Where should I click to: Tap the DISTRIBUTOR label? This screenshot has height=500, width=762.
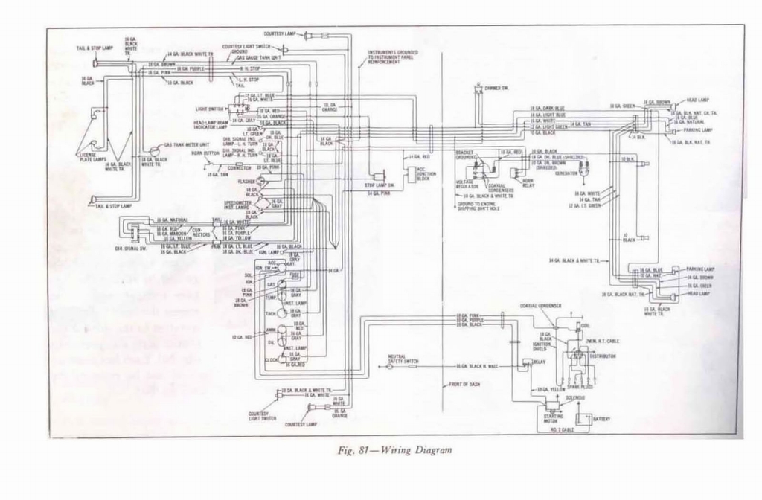click(x=603, y=356)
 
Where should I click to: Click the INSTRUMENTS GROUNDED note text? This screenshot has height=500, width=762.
click(x=393, y=57)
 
